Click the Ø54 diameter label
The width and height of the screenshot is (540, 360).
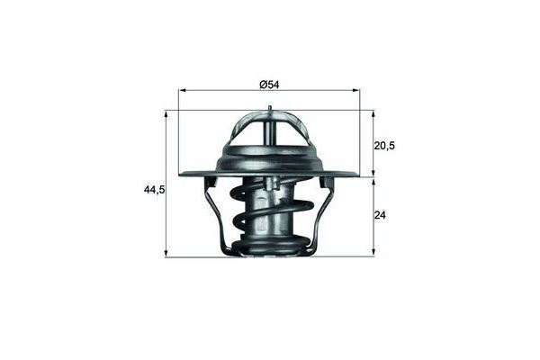point(269,85)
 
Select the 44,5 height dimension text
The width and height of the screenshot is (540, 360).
point(155,190)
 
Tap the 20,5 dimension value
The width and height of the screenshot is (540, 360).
point(386,144)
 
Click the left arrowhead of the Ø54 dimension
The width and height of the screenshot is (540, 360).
point(183,91)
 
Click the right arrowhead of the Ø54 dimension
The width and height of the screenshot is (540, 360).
point(356,91)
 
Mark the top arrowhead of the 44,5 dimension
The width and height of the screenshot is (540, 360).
point(167,114)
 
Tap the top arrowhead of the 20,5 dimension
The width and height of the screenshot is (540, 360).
point(373,114)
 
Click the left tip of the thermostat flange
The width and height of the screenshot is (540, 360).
point(182,175)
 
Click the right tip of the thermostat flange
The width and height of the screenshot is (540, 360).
point(357,175)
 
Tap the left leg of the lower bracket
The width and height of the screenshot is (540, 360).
point(216,216)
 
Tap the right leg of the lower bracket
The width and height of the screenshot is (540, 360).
point(323,216)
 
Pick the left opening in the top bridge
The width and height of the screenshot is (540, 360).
point(251,130)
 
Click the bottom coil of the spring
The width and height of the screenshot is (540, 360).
point(270,245)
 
